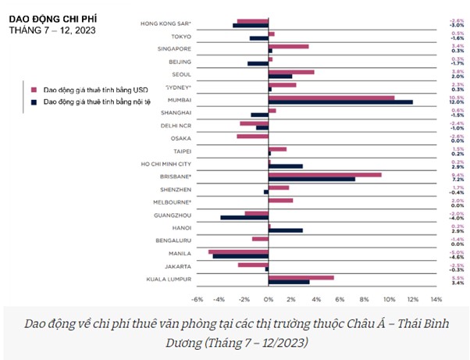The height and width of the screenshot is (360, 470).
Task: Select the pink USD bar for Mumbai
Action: click(331, 98)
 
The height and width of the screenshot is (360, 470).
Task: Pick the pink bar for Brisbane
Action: click(325, 174)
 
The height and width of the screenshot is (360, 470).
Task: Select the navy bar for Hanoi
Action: click(286, 230)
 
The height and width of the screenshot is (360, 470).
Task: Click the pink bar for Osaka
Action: click(252, 136)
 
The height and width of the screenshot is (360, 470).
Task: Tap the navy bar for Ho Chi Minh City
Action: click(286, 166)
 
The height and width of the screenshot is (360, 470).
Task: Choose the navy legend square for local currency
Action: click(34, 101)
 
